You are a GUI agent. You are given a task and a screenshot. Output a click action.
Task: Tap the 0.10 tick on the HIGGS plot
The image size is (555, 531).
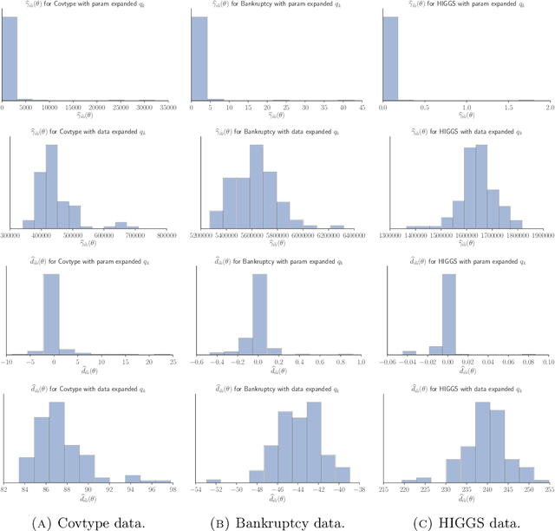pyautogui.click(x=546, y=364)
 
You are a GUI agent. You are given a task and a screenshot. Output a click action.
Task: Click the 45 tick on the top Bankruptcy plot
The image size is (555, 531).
pyautogui.click(x=361, y=108)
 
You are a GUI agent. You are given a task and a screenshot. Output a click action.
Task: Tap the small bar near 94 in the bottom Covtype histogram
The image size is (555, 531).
pyautogui.click(x=132, y=477)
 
